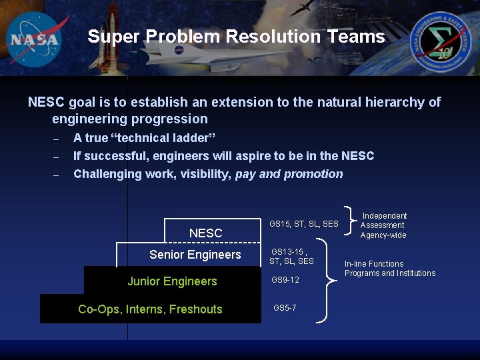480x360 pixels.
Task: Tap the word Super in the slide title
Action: (x=113, y=37)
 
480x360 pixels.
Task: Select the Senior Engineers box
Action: (x=195, y=255)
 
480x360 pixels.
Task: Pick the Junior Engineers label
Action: (x=172, y=281)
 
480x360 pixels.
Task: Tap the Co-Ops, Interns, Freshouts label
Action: (x=150, y=309)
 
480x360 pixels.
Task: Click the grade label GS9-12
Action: (x=285, y=280)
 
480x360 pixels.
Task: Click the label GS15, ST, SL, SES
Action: (x=304, y=224)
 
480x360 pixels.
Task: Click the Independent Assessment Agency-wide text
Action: (x=383, y=225)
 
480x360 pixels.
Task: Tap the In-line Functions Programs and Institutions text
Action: (x=389, y=269)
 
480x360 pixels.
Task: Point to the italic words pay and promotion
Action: (x=289, y=174)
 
